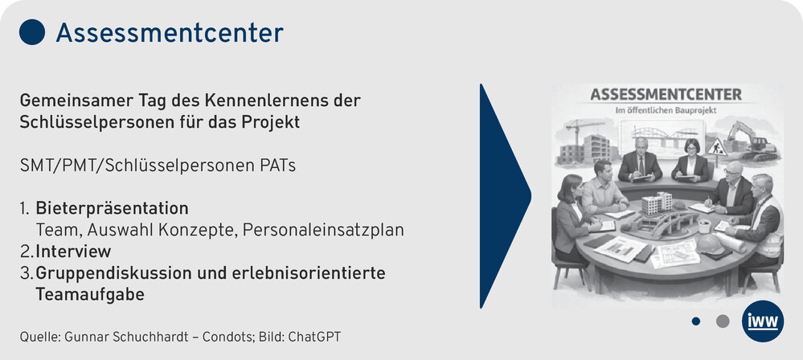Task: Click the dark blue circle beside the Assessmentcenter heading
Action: pos(32,32)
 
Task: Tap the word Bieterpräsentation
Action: pos(113,208)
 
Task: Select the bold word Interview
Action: pos(73,252)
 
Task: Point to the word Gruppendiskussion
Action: pos(113,274)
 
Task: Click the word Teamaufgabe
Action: pos(89,295)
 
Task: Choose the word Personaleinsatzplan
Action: pos(323,231)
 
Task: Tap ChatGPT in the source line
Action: pos(314,337)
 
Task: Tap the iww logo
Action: pos(763,321)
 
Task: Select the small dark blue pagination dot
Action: pos(695,321)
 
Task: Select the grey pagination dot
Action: pos(723,321)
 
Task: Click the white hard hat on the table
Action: pos(710,244)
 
